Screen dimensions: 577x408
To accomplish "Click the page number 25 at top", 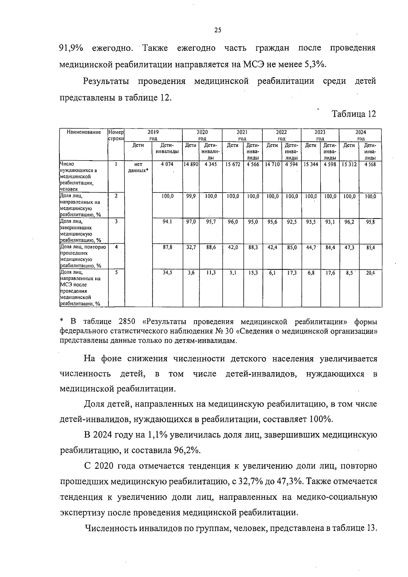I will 218,30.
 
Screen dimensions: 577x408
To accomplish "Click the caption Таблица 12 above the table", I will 354,114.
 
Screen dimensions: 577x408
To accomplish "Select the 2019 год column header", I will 153,135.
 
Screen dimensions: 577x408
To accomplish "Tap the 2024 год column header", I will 361,135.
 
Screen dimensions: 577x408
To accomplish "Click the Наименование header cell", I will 84,132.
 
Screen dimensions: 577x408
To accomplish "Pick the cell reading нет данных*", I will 138,167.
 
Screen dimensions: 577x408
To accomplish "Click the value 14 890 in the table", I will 191,164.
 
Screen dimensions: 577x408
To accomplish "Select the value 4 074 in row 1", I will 167,164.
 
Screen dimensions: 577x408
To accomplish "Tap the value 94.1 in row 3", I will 167,222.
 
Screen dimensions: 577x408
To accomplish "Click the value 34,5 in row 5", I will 167,273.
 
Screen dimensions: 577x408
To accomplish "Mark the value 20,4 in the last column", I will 370,273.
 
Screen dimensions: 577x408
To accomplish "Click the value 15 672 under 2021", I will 233,164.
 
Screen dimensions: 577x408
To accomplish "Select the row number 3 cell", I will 116,221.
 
